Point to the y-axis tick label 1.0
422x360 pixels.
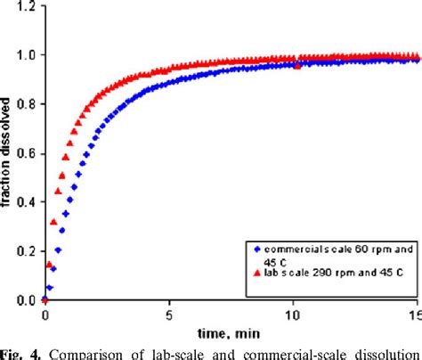(x=28, y=55)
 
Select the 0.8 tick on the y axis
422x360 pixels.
(x=28, y=104)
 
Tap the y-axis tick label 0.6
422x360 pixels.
(x=28, y=153)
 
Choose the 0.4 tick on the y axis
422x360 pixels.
(x=28, y=202)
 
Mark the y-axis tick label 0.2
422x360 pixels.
(x=28, y=251)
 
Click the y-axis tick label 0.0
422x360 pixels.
(x=28, y=300)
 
